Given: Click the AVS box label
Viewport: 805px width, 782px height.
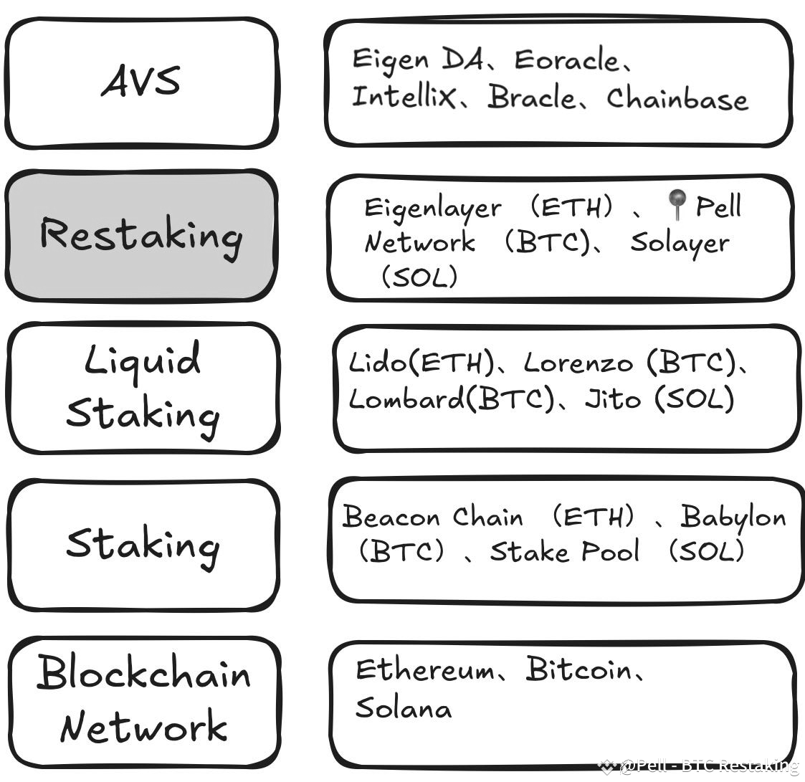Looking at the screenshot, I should [141, 81].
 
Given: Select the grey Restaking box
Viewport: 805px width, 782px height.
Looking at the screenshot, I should [140, 235].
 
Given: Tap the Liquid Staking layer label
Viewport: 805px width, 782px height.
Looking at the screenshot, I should [142, 387].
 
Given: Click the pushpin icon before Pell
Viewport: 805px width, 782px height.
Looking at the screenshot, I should [675, 205].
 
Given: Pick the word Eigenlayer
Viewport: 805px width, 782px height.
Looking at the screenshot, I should [433, 209].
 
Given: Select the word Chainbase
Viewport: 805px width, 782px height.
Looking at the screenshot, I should [677, 99].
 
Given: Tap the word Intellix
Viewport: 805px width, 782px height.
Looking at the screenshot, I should [403, 96].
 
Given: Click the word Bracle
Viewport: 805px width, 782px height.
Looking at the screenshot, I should [530, 97].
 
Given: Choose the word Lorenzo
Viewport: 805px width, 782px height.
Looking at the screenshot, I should [578, 363].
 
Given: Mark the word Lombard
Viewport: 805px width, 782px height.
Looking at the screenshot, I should [406, 399].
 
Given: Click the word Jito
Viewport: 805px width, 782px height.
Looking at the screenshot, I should [612, 399].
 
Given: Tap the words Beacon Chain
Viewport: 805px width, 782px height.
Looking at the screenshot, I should [432, 517].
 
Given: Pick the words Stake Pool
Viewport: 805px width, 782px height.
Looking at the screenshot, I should [564, 552].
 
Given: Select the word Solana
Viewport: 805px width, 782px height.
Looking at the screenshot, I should [403, 708].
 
